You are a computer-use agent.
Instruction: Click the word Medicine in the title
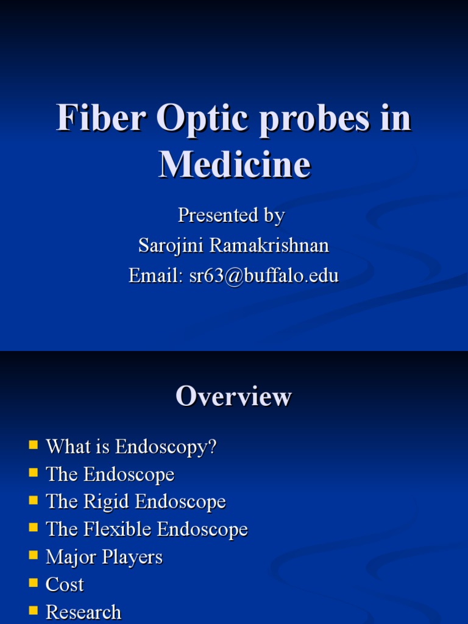tap(234, 165)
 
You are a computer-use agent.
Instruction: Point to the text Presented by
tap(231, 216)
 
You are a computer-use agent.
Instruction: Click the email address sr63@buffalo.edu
tap(263, 276)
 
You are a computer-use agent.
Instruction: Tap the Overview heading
tap(233, 397)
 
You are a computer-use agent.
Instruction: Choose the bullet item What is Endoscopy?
tap(131, 447)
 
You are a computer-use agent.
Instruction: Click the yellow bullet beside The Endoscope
tap(34, 472)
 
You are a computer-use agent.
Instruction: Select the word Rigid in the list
tap(105, 502)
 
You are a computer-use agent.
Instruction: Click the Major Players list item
tap(104, 558)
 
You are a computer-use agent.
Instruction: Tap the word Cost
tap(65, 585)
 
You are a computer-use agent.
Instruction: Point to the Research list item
tap(83, 612)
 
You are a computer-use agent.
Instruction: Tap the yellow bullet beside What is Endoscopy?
tap(34, 445)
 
